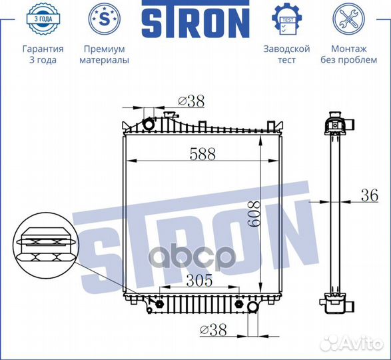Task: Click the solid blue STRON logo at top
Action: point(196,19)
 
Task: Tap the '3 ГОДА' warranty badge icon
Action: point(43,19)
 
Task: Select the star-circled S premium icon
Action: point(105,19)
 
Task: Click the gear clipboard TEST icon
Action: point(287,19)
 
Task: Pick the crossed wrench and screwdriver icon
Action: point(348,19)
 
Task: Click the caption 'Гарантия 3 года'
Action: point(43,54)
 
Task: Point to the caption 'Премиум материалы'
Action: point(105,54)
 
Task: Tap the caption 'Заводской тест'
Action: point(287,54)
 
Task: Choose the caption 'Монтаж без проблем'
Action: point(348,54)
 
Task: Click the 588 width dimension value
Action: point(202,154)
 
